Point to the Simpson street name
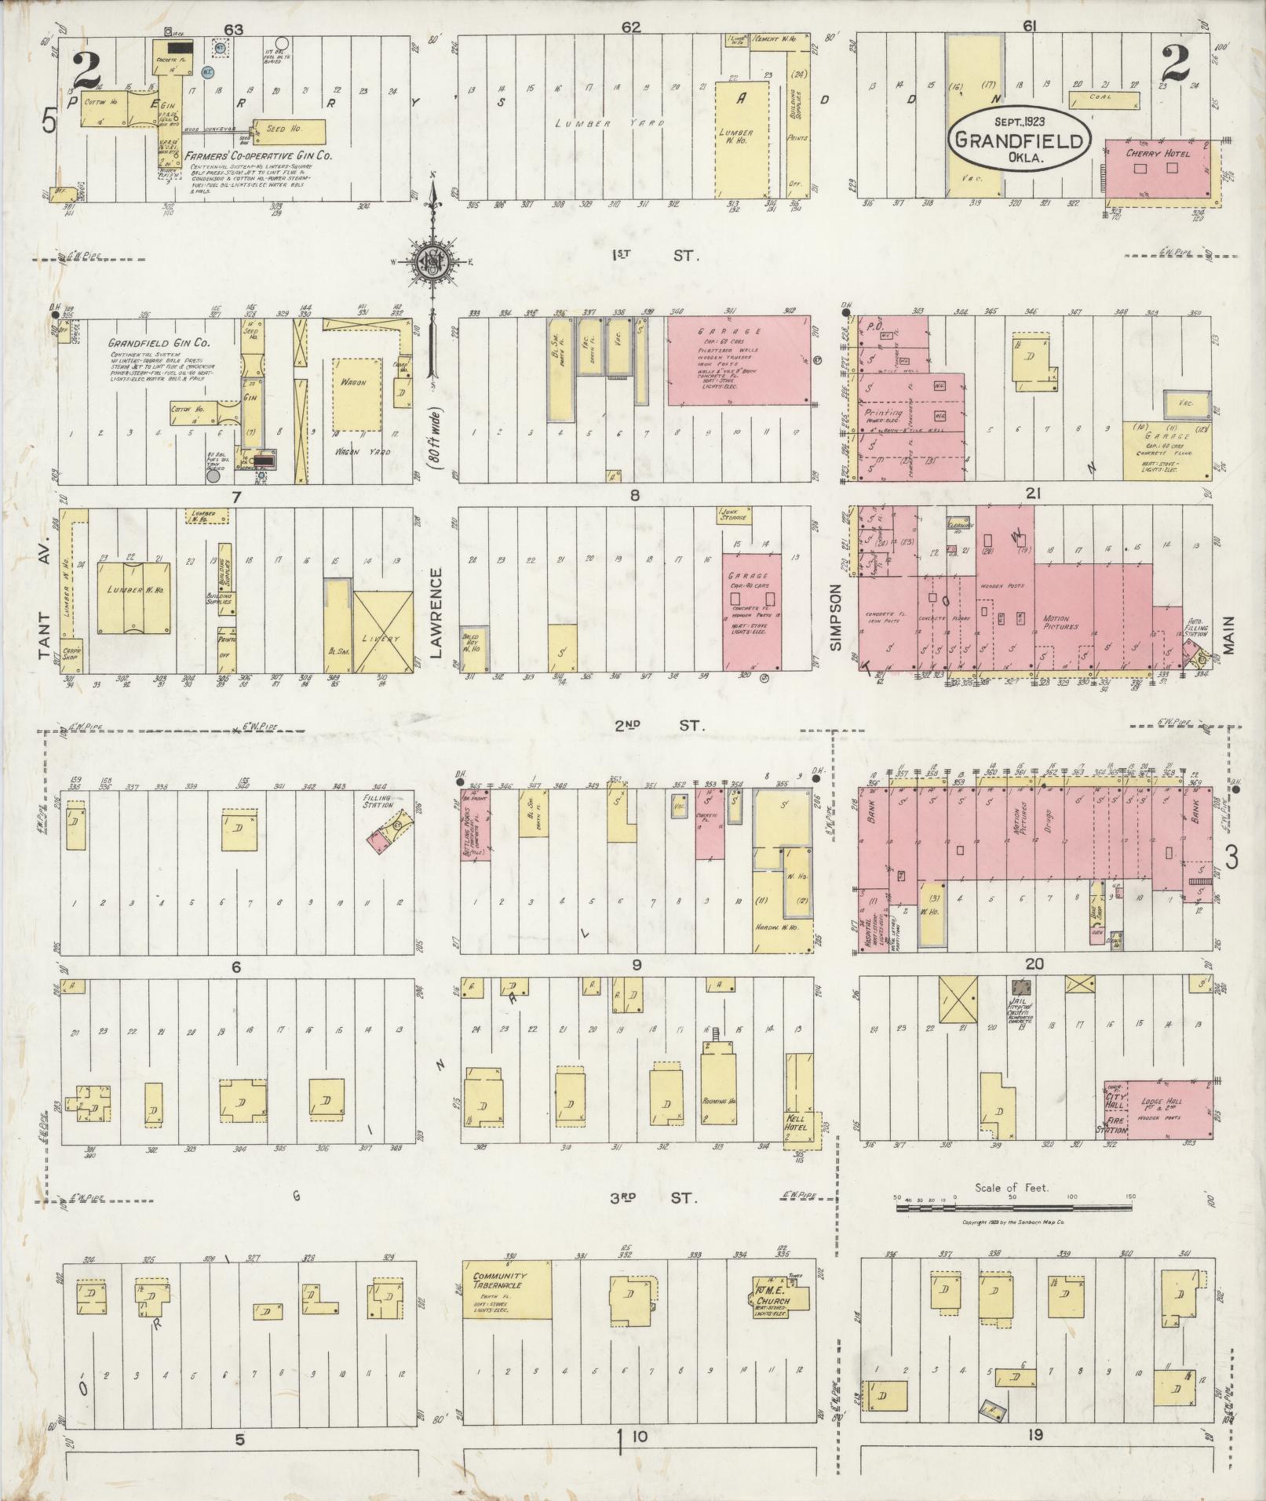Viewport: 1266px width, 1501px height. [x=836, y=617]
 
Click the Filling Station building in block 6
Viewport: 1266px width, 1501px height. [x=386, y=832]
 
